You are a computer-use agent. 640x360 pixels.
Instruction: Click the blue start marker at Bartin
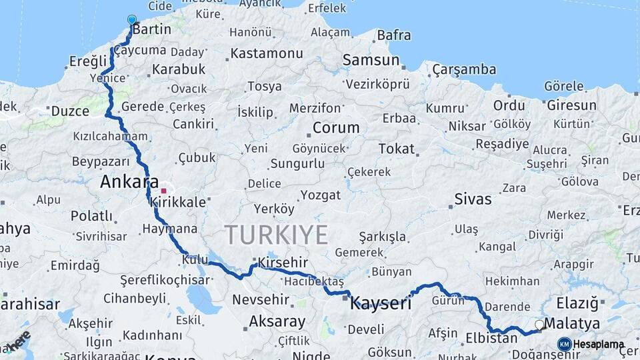[132, 20]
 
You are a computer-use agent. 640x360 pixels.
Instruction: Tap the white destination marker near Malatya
[539, 325]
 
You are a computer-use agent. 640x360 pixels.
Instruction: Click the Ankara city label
[129, 182]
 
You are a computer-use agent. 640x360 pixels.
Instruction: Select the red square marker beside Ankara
[164, 191]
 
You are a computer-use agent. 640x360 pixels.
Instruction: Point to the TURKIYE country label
[276, 235]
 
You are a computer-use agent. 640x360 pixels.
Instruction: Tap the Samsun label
[371, 60]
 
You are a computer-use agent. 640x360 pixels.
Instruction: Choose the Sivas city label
[473, 199]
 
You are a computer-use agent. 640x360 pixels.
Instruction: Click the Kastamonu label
[267, 53]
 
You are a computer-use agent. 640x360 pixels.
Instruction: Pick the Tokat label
[396, 149]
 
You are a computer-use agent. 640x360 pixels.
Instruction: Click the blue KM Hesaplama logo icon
[565, 344]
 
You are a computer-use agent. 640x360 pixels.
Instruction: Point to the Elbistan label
[491, 338]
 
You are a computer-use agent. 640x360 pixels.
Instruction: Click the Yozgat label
[320, 195]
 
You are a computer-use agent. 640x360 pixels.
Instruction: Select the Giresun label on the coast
[571, 105]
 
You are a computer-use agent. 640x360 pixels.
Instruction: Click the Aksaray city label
[277, 322]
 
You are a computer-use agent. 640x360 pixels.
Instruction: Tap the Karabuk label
[179, 69]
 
